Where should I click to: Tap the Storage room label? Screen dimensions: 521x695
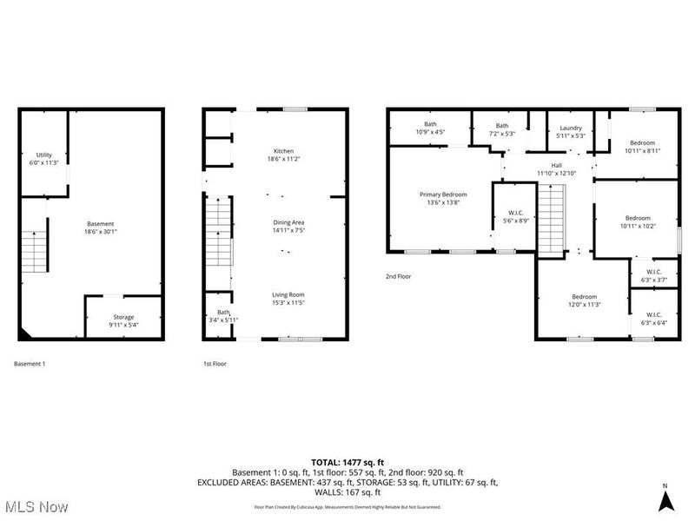coord(123,321)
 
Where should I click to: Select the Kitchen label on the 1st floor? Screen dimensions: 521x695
coord(280,155)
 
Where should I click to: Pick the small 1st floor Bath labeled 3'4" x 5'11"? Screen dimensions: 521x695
coord(223,316)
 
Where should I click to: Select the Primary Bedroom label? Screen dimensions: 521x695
coord(442,199)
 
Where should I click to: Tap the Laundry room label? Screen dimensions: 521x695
coord(571,131)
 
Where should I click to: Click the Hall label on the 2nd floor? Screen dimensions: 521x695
coord(556,169)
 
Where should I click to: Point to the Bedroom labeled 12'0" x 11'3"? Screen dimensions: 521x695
coord(584,300)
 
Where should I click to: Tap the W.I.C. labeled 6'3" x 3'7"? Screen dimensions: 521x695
coord(654,275)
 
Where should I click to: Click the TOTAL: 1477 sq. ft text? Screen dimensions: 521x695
coord(347,462)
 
